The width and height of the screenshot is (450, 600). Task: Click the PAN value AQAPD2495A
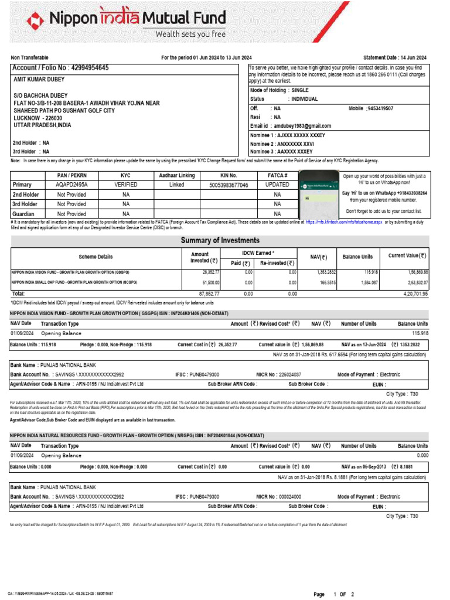tap(71, 185)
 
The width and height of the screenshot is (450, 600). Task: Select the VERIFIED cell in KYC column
tap(125, 185)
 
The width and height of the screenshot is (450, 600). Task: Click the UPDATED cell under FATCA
tap(277, 185)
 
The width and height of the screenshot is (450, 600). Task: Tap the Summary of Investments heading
tap(220, 241)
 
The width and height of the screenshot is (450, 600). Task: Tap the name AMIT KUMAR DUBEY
tap(39, 80)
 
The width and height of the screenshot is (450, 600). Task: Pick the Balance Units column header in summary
tap(357, 257)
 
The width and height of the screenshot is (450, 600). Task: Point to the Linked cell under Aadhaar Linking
tap(176, 185)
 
